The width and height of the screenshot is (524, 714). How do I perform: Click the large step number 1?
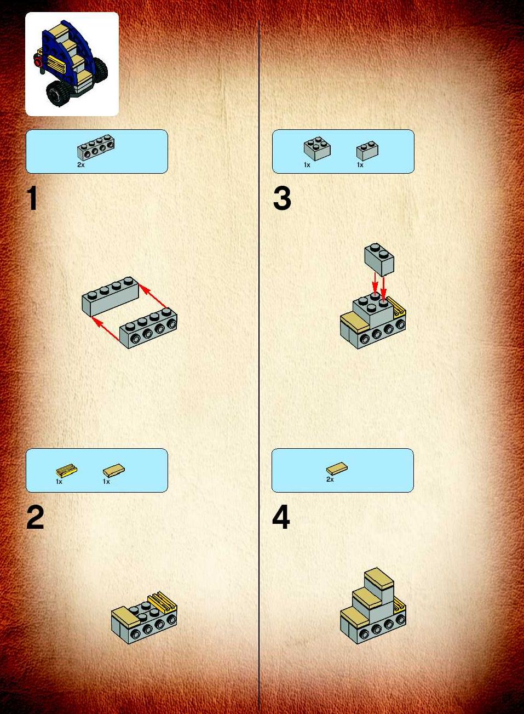tap(32, 198)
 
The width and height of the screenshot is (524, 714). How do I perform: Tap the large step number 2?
tap(35, 518)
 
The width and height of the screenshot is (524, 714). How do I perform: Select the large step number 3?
tap(282, 198)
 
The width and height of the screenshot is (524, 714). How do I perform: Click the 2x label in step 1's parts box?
tap(81, 165)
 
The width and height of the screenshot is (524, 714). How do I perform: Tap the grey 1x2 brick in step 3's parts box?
tap(367, 151)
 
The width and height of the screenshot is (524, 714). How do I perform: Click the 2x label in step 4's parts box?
tap(330, 479)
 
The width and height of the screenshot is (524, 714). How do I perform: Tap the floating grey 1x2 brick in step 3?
tap(379, 259)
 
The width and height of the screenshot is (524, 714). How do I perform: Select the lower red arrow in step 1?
tap(105, 329)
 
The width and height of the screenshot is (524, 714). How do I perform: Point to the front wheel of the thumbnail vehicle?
tap(58, 93)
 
